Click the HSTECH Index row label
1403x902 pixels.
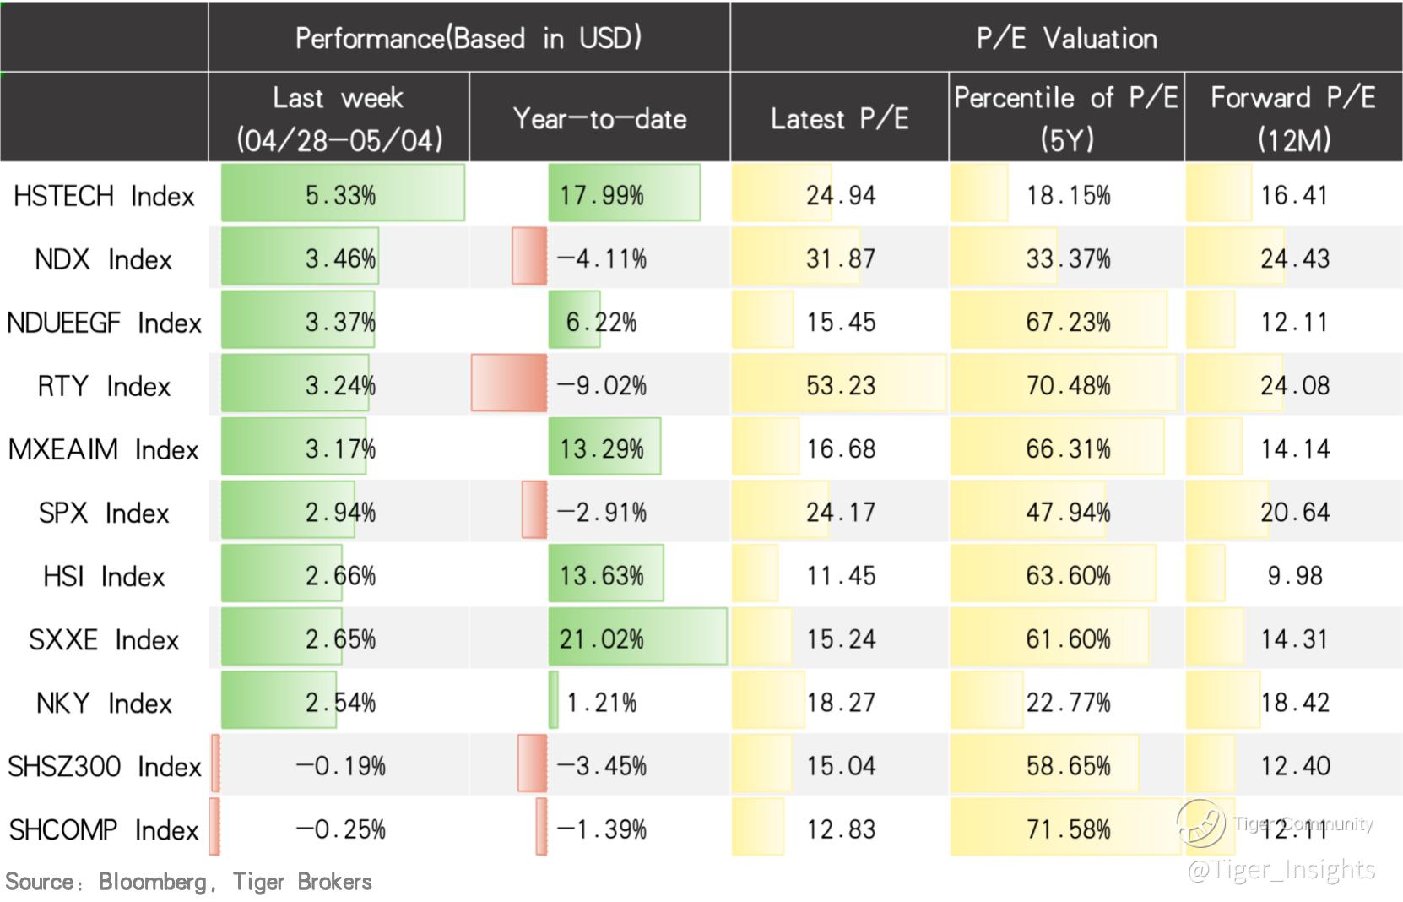[x=104, y=196]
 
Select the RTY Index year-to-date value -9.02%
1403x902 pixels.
[x=602, y=386]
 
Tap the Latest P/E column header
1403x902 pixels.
[x=839, y=118]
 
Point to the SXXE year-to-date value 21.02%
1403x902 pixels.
[x=601, y=639]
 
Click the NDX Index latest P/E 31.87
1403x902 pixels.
[x=840, y=258]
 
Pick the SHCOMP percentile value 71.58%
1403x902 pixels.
[x=1068, y=829]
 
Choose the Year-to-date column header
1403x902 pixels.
[x=599, y=118]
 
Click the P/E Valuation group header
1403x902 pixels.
[x=1066, y=38]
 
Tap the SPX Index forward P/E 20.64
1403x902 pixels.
[x=1294, y=513]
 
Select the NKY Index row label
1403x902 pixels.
[x=104, y=703]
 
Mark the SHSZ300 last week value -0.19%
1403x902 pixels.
[x=340, y=766]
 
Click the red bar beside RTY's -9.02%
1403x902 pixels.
[x=508, y=383]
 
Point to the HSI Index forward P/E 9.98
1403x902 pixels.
[x=1294, y=576]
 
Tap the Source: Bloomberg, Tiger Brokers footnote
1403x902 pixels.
[x=188, y=882]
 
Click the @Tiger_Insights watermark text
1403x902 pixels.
[x=1281, y=869]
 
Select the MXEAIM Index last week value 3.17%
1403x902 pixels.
[x=340, y=449]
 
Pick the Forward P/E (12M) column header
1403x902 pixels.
[x=1293, y=118]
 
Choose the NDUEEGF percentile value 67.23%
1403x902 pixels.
[x=1068, y=323]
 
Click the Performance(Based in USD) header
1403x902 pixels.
[x=469, y=38]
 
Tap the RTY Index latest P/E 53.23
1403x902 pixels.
[x=840, y=386]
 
